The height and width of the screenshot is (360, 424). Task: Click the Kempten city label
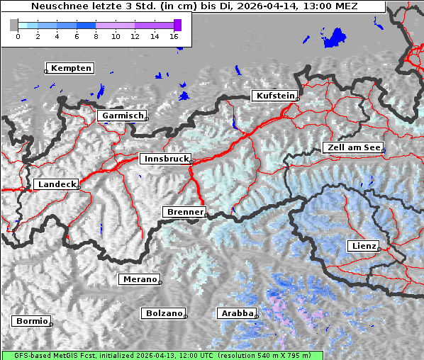pos(71,68)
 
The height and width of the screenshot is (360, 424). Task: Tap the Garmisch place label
pos(122,115)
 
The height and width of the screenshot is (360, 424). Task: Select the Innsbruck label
pos(165,159)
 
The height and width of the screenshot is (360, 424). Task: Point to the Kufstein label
pos(274,96)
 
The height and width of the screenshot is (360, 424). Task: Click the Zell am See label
pos(352,147)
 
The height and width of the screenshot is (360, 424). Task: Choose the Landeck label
pos(55,184)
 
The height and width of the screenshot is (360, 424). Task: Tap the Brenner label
pos(184,212)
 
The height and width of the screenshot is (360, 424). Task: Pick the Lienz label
pos(363,246)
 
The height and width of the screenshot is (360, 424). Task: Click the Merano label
pos(139,279)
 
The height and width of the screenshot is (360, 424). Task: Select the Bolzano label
pos(163,313)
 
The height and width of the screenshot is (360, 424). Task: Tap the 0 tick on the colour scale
pos(18,35)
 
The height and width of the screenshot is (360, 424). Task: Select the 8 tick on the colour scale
pos(96,35)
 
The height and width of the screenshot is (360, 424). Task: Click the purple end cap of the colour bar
pos(177,25)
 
